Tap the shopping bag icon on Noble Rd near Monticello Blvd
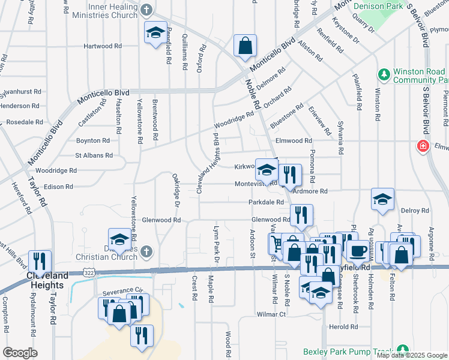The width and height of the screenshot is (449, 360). click(x=245, y=46)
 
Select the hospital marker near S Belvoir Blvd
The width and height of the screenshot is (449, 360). click(x=423, y=146)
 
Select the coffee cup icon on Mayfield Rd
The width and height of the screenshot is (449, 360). click(x=358, y=251)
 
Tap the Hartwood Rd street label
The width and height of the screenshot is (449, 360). click(x=103, y=46)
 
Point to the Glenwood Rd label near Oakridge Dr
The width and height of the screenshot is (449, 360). click(x=161, y=220)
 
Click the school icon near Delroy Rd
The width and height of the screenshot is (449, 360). click(x=382, y=200)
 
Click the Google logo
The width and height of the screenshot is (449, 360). click(x=20, y=353)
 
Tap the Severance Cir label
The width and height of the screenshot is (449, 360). click(x=124, y=290)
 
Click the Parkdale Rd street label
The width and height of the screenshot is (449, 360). click(x=266, y=203)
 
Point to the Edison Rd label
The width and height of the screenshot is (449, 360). click(x=58, y=187)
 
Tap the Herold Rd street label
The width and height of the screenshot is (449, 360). click(x=343, y=327)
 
